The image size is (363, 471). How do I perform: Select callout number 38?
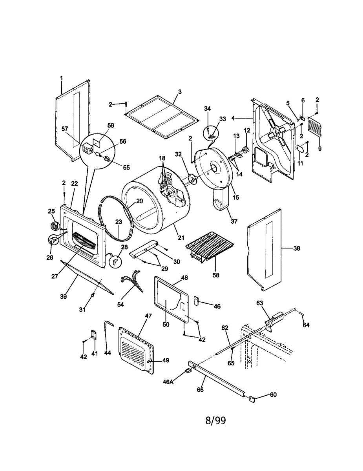pyautogui.click(x=297, y=248)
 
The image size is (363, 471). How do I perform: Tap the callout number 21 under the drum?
pyautogui.click(x=181, y=238)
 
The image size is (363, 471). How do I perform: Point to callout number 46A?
pyautogui.click(x=168, y=382)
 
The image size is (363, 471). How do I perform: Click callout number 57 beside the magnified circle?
pyautogui.click(x=65, y=129)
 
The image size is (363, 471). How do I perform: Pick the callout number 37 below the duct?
pyautogui.click(x=234, y=221)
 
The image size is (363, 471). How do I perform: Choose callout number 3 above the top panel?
pyautogui.click(x=180, y=92)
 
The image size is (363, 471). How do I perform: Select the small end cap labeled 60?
pyautogui.click(x=252, y=399)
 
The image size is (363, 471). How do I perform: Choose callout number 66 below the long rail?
pyautogui.click(x=200, y=390)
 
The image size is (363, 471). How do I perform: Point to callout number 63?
pyautogui.click(x=260, y=303)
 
